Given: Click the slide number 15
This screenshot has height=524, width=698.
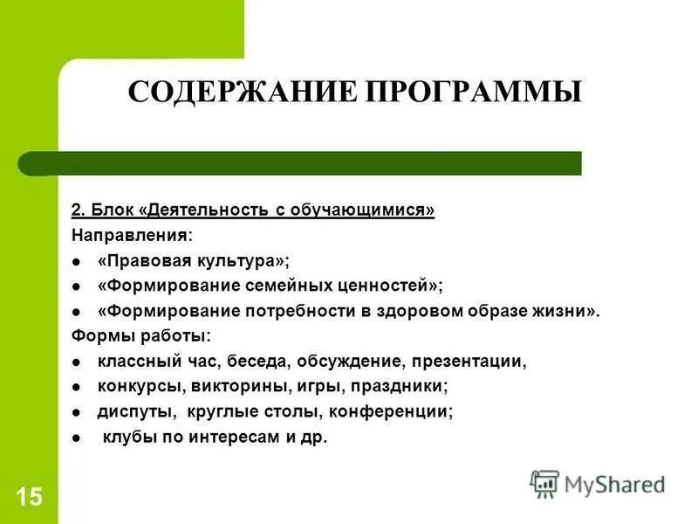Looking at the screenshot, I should [28, 498].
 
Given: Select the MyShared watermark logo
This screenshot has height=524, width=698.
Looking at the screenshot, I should [599, 483].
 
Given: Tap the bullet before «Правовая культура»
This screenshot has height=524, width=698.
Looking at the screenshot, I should [77, 261].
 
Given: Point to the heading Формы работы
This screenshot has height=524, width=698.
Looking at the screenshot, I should [140, 335].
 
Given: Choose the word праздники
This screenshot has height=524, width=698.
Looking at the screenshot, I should [400, 385].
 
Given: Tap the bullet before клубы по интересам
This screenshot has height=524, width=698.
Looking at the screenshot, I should [77, 437].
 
